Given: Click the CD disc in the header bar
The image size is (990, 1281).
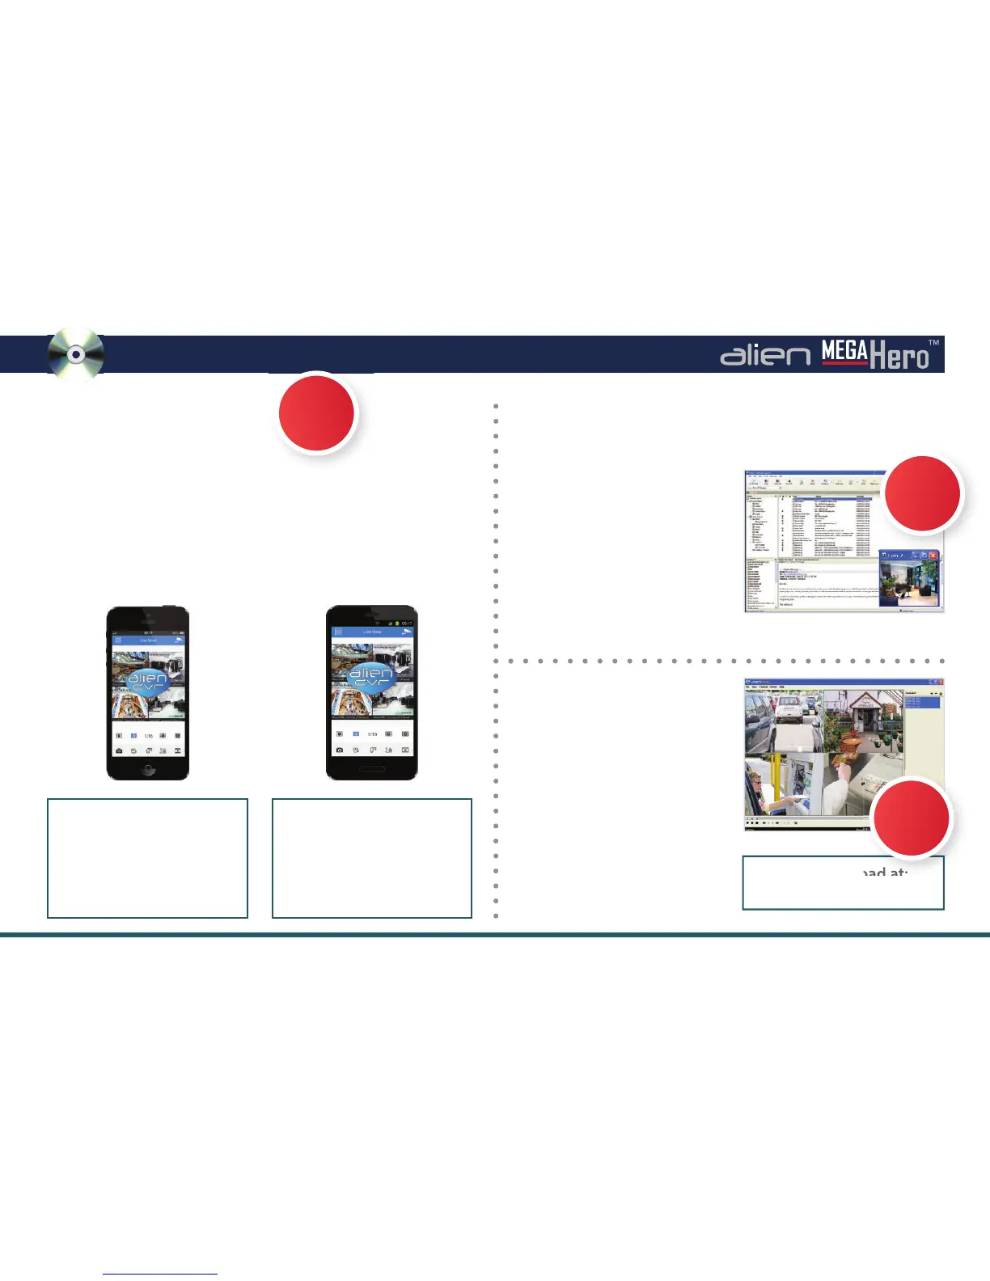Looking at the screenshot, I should pos(75,355).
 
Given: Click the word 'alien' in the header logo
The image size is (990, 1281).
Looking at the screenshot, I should pos(764,355).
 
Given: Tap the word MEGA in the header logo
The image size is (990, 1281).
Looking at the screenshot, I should pos(844,351).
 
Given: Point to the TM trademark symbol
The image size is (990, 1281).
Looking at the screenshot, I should pos(933,343).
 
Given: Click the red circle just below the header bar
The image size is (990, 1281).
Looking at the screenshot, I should pos(316,413).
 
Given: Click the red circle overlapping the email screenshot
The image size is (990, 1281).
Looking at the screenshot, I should pos(923,493).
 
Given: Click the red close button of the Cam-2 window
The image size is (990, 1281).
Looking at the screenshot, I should pos(933,556).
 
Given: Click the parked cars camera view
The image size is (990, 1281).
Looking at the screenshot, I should pos(783,722).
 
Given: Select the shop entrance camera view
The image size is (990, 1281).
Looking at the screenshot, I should pos(862,722).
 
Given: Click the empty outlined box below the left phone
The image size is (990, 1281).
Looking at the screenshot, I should pos(147,858).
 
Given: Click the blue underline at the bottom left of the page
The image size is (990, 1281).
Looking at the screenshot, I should pos(160,1275).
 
